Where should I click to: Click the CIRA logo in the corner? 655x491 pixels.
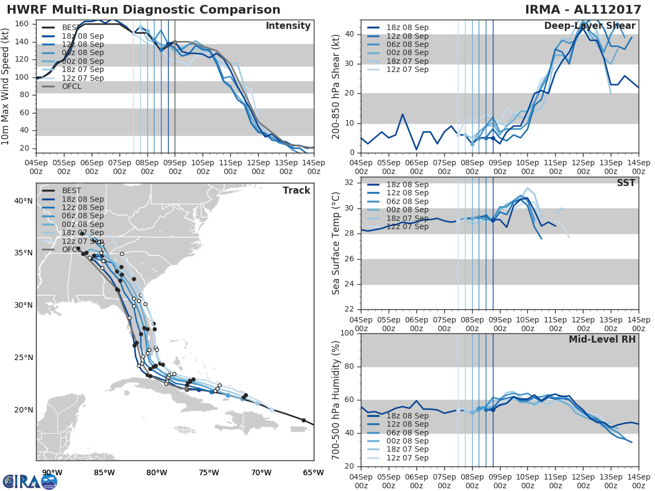pos(29,481)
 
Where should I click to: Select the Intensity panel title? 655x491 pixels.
pos(288,26)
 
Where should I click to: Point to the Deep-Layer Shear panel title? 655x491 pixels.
pos(589,26)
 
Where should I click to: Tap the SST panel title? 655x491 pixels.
pos(626,183)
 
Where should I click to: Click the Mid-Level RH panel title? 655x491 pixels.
pos(602,339)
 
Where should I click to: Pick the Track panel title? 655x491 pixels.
pos(296,190)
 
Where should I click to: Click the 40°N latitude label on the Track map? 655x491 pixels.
pos(23,201)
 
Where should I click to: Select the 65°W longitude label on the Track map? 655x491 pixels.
pos(313,472)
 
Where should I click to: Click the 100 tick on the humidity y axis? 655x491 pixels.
pos(347,333)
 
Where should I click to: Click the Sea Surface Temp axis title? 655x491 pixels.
pos(336,243)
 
